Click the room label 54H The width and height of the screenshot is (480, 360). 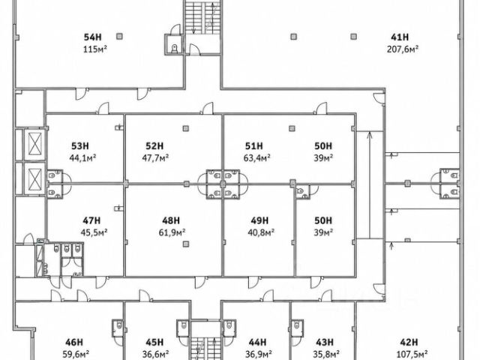(x=93, y=37)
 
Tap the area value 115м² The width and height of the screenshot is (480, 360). (x=95, y=49)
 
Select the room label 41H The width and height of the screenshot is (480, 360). (x=400, y=37)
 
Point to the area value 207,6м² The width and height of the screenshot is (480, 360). (x=403, y=49)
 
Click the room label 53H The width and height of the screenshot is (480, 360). (x=80, y=146)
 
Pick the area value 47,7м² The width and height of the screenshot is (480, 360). (x=155, y=158)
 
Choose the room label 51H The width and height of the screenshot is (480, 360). (x=254, y=146)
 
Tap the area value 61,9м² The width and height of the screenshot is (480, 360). (x=172, y=232)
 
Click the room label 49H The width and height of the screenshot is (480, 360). (x=259, y=220)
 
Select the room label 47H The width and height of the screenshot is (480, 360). (x=91, y=220)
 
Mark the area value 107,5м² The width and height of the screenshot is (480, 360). (x=412, y=354)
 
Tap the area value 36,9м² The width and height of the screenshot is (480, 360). (x=259, y=354)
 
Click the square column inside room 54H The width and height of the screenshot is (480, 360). (x=119, y=37)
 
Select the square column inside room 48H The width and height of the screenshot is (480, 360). (x=186, y=244)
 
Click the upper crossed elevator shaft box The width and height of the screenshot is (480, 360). (x=34, y=143)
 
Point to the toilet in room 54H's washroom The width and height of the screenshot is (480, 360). (x=175, y=48)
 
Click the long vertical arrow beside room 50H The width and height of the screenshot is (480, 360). (x=370, y=185)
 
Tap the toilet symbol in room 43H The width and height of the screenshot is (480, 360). (x=296, y=325)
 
